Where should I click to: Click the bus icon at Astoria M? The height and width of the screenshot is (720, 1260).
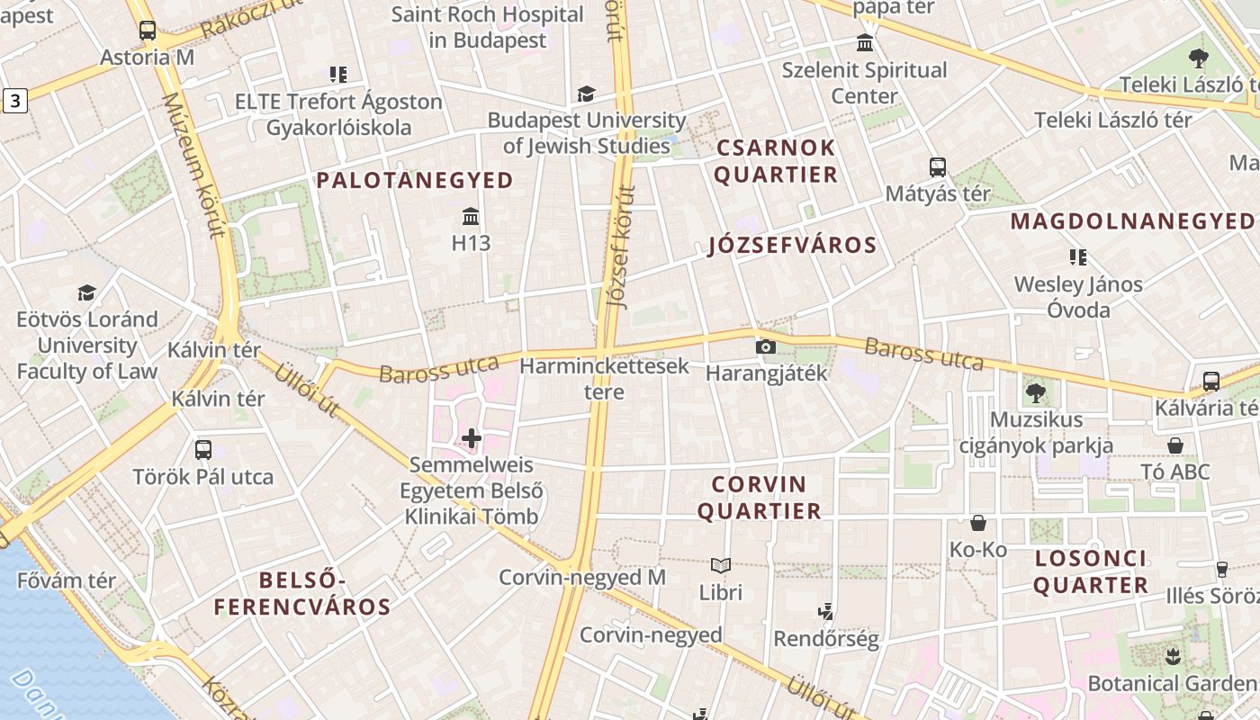(148, 31)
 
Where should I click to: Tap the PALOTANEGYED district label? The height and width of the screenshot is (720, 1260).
(415, 180)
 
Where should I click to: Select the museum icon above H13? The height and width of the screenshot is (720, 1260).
(471, 217)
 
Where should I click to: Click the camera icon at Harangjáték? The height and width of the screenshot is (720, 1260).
(766, 346)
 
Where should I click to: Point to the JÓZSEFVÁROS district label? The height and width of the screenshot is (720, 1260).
(792, 245)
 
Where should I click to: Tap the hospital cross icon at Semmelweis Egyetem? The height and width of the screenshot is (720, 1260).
(472, 439)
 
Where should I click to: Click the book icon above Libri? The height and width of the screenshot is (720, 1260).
(720, 566)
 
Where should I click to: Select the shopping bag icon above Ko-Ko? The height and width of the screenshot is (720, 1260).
(978, 523)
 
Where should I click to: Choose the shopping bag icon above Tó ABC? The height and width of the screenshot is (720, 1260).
(1175, 445)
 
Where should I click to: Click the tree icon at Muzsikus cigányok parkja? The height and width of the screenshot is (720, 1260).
(1036, 393)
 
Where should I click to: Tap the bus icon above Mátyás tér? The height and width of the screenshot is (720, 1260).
(938, 167)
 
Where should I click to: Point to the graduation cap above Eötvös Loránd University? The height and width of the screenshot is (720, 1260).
(86, 293)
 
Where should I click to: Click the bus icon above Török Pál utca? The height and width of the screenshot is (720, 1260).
(203, 450)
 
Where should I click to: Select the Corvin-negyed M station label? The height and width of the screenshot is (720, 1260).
(582, 578)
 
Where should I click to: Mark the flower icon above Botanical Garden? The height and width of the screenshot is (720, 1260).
(1172, 657)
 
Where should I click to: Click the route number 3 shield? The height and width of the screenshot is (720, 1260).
(14, 101)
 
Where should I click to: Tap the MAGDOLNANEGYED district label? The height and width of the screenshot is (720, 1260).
(1132, 221)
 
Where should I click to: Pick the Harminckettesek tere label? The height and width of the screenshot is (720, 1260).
(604, 379)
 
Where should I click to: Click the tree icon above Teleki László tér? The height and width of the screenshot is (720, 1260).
(1198, 58)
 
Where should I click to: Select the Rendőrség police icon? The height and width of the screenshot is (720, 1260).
(825, 613)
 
